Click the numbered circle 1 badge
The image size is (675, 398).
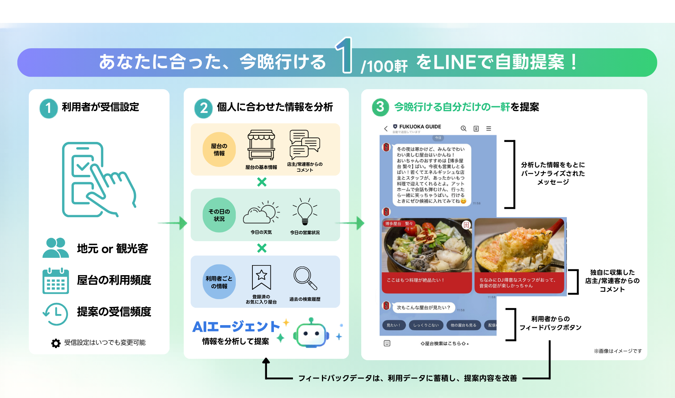point(49,108)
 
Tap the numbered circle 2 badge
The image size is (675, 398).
point(204,108)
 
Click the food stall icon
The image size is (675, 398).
point(261,145)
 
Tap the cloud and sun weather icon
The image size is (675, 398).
point(261,212)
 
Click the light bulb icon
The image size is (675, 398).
point(305,211)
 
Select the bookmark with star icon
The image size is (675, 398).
point(261,277)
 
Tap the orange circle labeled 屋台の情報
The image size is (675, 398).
point(219,150)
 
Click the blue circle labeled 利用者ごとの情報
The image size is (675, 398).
point(219,282)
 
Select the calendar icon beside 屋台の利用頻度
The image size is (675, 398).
point(55,281)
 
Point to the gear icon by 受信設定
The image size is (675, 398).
point(56,343)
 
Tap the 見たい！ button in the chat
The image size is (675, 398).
point(393,325)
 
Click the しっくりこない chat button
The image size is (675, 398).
point(426,325)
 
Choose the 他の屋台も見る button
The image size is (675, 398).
point(463,325)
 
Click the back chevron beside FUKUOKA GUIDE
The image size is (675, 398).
point(386,129)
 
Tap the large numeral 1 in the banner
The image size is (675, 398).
point(344,56)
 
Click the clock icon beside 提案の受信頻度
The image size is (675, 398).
point(55,313)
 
